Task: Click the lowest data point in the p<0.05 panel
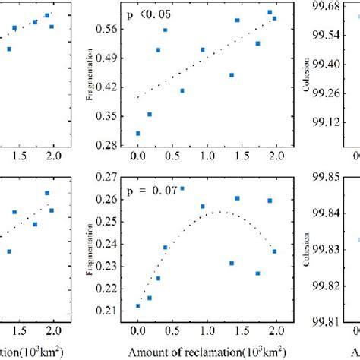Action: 137,133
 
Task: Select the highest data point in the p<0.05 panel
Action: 270,12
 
